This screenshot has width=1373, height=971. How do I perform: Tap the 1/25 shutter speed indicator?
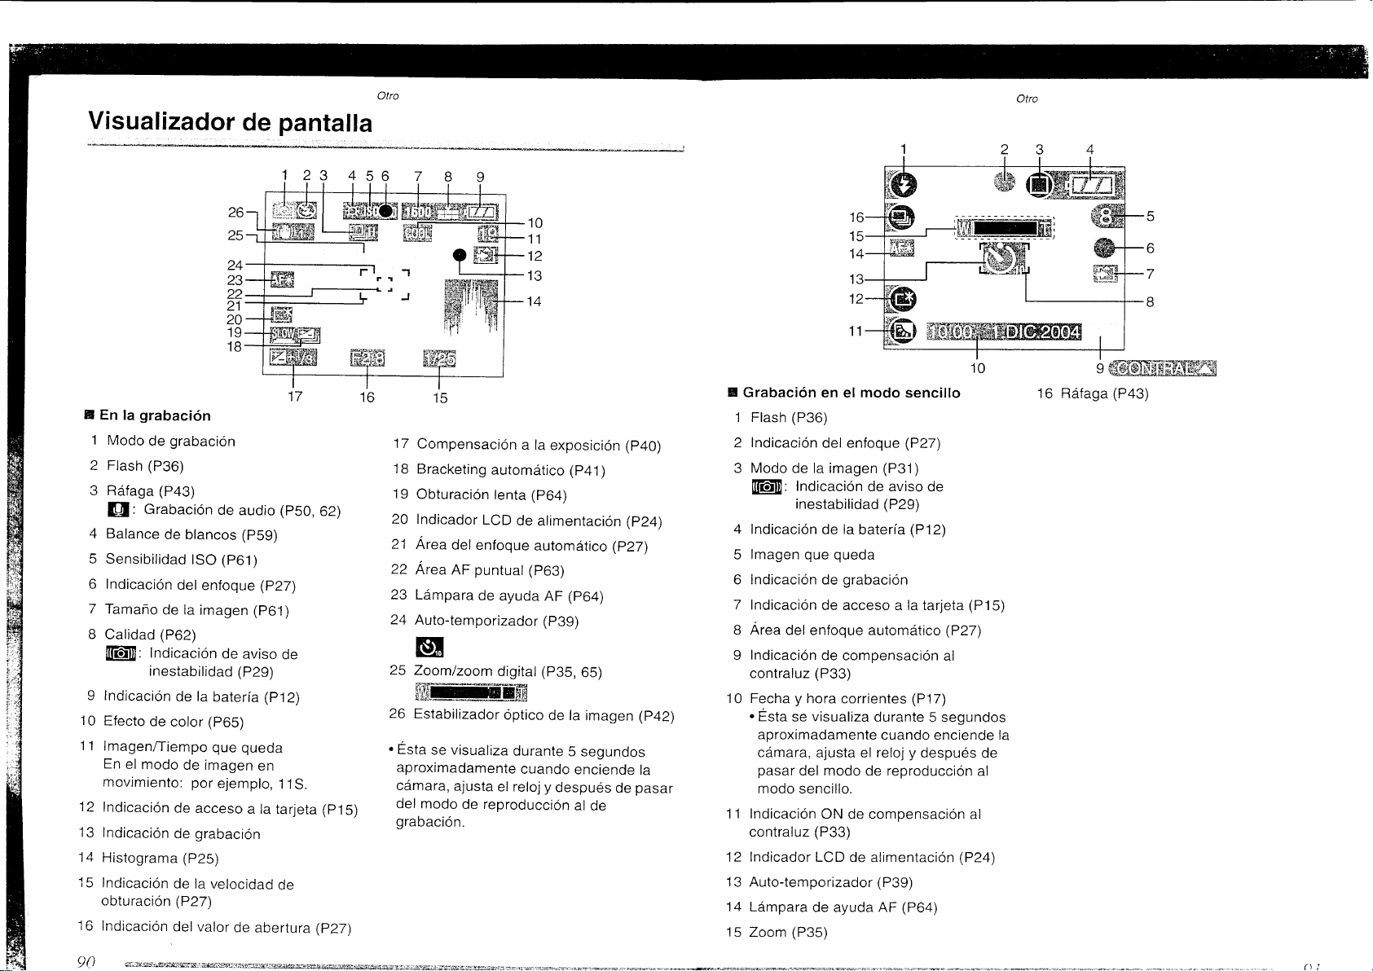pyautogui.click(x=440, y=359)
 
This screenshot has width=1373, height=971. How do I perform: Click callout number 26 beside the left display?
pyautogui.click(x=235, y=212)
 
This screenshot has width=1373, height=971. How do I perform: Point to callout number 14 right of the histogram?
pyautogui.click(x=534, y=301)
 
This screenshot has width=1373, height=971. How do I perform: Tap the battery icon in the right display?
pyautogui.click(x=1092, y=186)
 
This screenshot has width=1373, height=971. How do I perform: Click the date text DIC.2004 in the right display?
pyautogui.click(x=1039, y=332)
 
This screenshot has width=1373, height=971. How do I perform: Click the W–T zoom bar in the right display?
pyautogui.click(x=1005, y=228)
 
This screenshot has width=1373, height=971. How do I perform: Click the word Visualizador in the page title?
pyautogui.click(x=159, y=123)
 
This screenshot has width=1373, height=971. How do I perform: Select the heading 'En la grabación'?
pyautogui.click(x=155, y=415)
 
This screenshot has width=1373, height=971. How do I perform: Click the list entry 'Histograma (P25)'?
pyautogui.click(x=160, y=858)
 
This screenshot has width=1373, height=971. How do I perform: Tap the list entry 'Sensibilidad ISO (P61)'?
pyautogui.click(x=181, y=560)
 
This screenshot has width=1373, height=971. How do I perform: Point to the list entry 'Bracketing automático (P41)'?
pyautogui.click(x=510, y=470)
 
